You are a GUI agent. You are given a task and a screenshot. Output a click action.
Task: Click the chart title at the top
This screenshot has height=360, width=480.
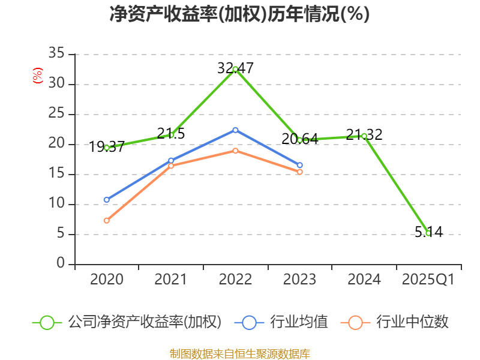239,14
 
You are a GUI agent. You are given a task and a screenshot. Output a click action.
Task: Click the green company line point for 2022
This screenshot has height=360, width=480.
235,69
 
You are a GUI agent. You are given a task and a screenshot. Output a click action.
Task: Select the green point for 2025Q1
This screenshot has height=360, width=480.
428,233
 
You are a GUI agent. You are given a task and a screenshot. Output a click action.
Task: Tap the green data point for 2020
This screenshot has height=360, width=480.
107,147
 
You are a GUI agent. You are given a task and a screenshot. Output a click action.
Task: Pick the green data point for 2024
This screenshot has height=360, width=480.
364,136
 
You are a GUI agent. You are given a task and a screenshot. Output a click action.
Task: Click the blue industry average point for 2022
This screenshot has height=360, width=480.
235,130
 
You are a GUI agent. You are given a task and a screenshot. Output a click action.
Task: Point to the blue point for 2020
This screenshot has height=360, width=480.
107,200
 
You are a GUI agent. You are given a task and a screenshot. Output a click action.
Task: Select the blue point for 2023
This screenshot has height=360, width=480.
299,165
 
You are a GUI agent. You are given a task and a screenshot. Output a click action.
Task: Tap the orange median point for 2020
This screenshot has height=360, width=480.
107,220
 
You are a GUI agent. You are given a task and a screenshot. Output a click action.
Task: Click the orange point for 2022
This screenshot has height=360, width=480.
235,151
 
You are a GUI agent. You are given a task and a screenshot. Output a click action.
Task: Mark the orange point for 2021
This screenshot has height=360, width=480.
171,166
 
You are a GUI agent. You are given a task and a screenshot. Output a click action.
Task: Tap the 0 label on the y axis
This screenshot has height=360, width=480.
60,263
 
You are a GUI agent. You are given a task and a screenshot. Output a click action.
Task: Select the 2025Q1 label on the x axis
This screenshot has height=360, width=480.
428,280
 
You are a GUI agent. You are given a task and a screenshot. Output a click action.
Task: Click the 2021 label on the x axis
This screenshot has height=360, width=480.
171,280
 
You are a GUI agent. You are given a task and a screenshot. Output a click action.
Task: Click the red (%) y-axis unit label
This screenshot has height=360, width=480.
37,76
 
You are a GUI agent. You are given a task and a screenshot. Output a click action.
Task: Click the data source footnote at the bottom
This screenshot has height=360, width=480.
239,353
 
